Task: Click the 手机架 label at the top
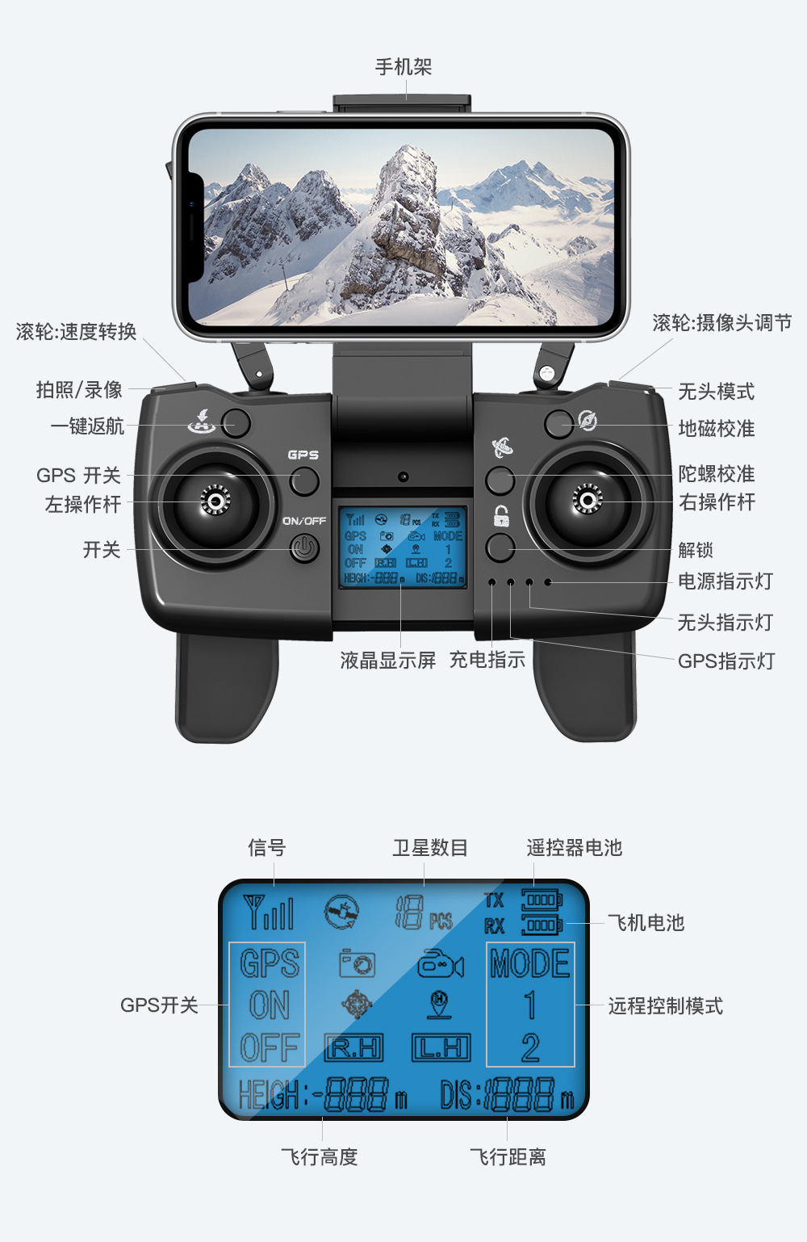pyautogui.click(x=403, y=67)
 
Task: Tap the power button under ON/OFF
pyautogui.click(x=304, y=549)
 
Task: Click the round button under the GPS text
pyautogui.click(x=304, y=481)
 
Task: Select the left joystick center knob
pyautogui.click(x=215, y=501)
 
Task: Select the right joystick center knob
pyautogui.click(x=587, y=501)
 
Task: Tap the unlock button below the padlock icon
pyautogui.click(x=500, y=548)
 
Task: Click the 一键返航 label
pyautogui.click(x=88, y=426)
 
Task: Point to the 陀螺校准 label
pyautogui.click(x=717, y=473)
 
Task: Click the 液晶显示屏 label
pyautogui.click(x=387, y=661)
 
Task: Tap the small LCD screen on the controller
pyautogui.click(x=403, y=548)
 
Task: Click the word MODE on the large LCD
pyautogui.click(x=530, y=963)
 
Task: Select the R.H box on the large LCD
pyautogui.click(x=353, y=1047)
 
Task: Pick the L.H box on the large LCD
pyautogui.click(x=441, y=1047)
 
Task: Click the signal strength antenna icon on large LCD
pyautogui.click(x=269, y=912)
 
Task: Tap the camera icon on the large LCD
pyautogui.click(x=357, y=963)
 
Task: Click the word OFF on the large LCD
pyautogui.click(x=270, y=1047)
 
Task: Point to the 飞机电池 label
pyautogui.click(x=646, y=923)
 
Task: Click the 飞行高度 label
pyautogui.click(x=320, y=1157)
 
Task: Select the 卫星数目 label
pyautogui.click(x=430, y=848)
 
